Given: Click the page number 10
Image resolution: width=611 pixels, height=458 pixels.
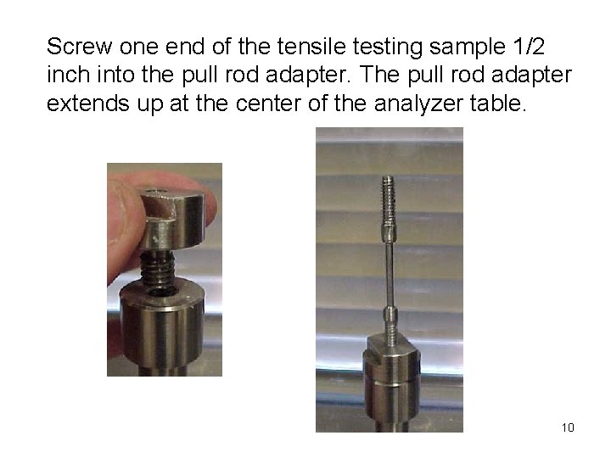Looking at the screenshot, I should (x=568, y=427).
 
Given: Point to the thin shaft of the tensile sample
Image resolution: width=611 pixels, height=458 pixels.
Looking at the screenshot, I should (x=389, y=271).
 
